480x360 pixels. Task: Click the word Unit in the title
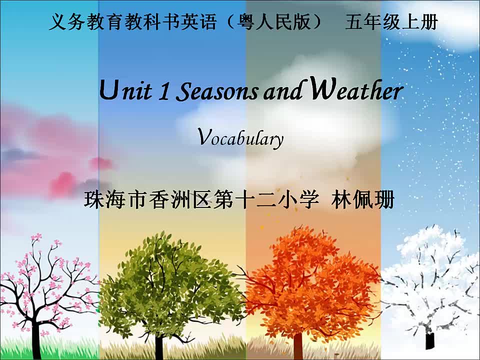pyautogui.click(x=125, y=90)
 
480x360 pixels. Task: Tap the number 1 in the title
pyautogui.click(x=164, y=91)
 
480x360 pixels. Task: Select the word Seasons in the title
pyautogui.click(x=216, y=91)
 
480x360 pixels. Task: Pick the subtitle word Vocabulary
pyautogui.click(x=240, y=138)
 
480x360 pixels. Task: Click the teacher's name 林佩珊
pyautogui.click(x=363, y=200)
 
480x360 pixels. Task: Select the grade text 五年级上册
pyautogui.click(x=391, y=21)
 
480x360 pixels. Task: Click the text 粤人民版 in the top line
pyautogui.click(x=275, y=21)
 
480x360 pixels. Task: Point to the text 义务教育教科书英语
pyautogui.click(x=133, y=21)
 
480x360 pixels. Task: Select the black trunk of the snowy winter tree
pyautogui.click(x=430, y=339)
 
